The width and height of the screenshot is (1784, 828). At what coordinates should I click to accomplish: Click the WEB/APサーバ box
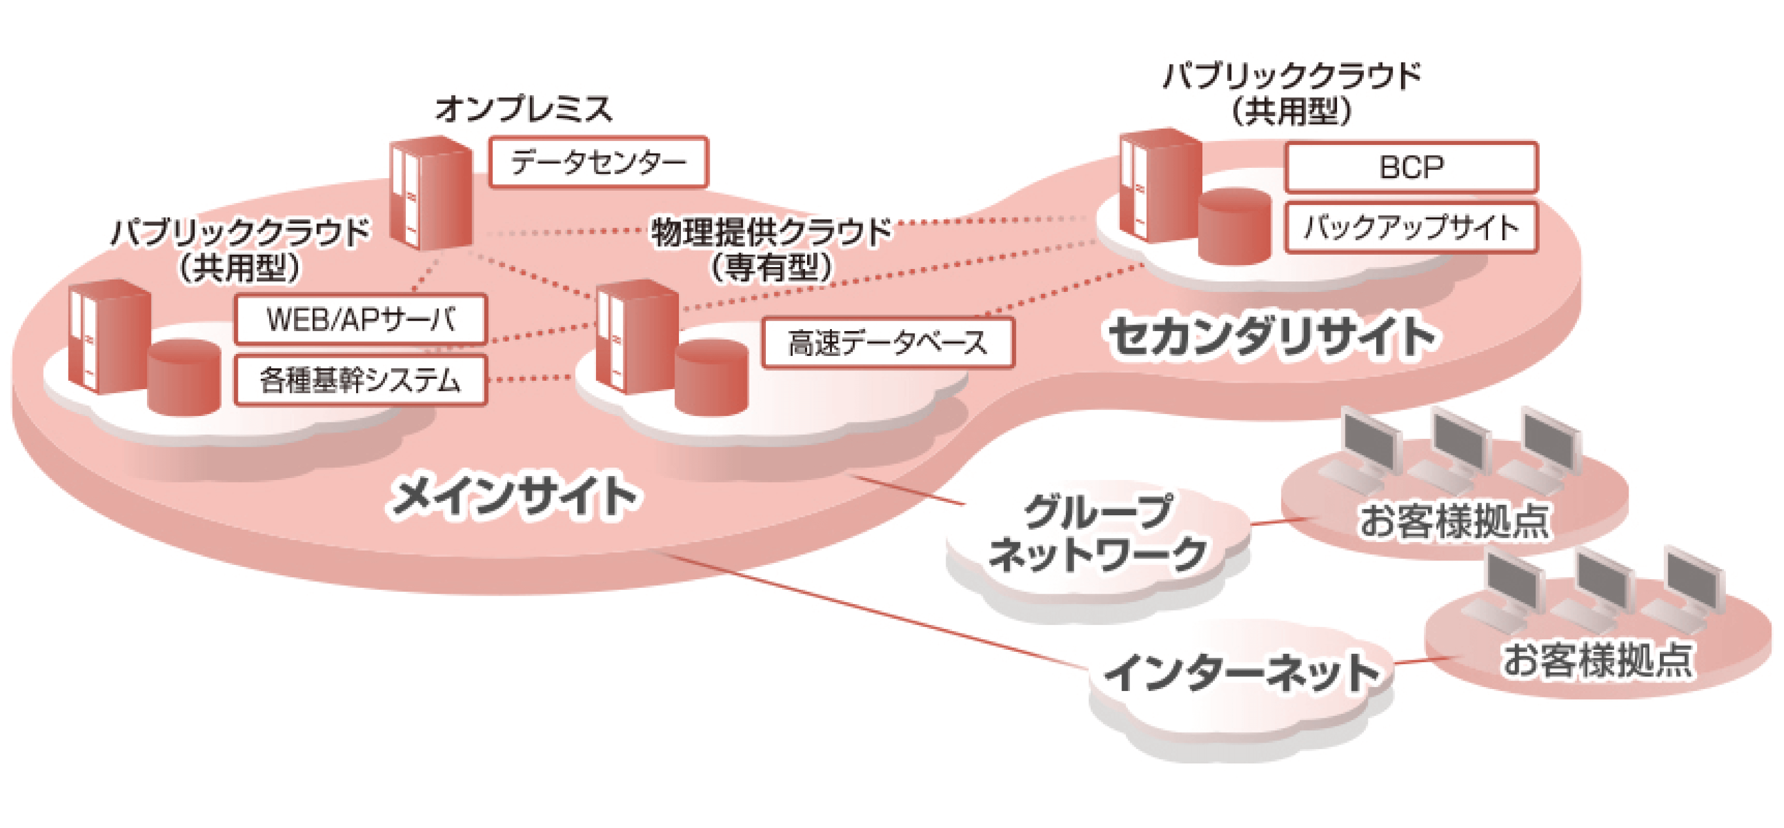361,320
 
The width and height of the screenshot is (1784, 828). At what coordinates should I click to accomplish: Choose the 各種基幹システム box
361,380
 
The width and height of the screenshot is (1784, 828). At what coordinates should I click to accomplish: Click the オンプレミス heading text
523,109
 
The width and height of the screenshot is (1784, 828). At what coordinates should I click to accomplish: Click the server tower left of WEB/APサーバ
109,337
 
